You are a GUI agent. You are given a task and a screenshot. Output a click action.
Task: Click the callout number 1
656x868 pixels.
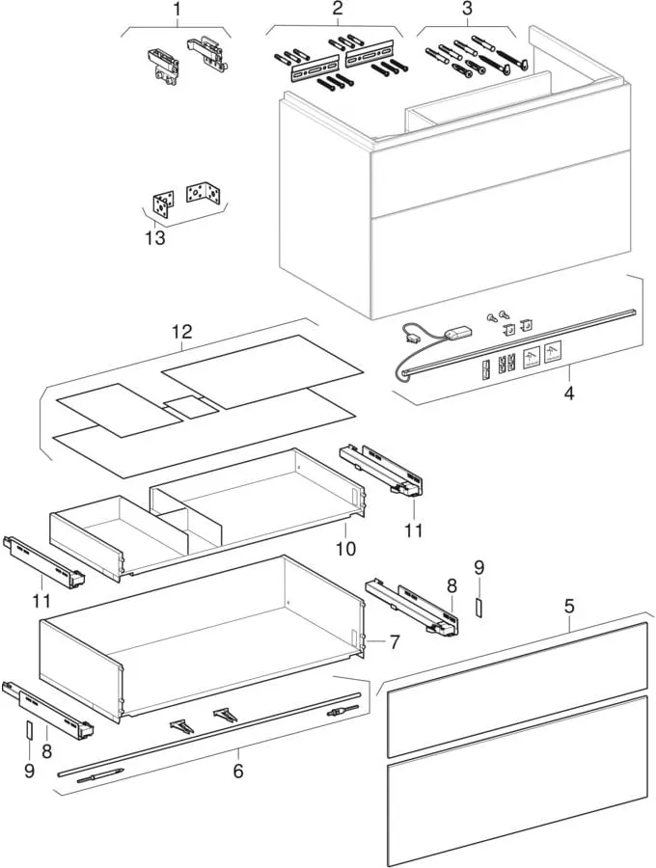click(177, 11)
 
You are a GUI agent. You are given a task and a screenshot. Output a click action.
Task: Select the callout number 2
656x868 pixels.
click(338, 9)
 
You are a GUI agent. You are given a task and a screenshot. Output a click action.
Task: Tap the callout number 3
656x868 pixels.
click(467, 9)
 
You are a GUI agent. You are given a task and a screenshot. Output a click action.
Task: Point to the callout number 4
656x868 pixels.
click(569, 393)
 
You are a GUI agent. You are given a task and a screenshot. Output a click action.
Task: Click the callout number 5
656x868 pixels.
click(569, 607)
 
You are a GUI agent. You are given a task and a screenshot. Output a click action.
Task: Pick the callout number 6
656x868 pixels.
click(237, 771)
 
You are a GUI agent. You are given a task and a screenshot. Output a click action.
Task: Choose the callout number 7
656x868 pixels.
click(395, 640)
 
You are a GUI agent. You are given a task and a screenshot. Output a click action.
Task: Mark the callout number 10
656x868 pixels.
click(345, 548)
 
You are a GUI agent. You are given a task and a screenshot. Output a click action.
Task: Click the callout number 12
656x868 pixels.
click(182, 332)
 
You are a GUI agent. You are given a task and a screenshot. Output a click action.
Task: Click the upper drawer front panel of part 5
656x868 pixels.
click(516, 690)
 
